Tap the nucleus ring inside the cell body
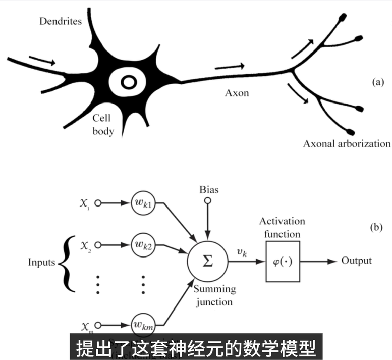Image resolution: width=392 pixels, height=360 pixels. (x=128, y=82)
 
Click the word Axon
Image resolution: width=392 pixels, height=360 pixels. (x=237, y=93)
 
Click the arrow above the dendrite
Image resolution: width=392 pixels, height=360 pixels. (x=42, y=61)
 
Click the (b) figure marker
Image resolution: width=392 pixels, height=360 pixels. (x=377, y=228)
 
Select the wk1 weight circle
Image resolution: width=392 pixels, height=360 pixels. (x=143, y=204)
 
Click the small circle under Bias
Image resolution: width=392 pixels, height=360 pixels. (x=206, y=201)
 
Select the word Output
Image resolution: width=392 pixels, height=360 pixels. (x=356, y=261)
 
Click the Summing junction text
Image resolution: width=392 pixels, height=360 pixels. (x=213, y=296)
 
